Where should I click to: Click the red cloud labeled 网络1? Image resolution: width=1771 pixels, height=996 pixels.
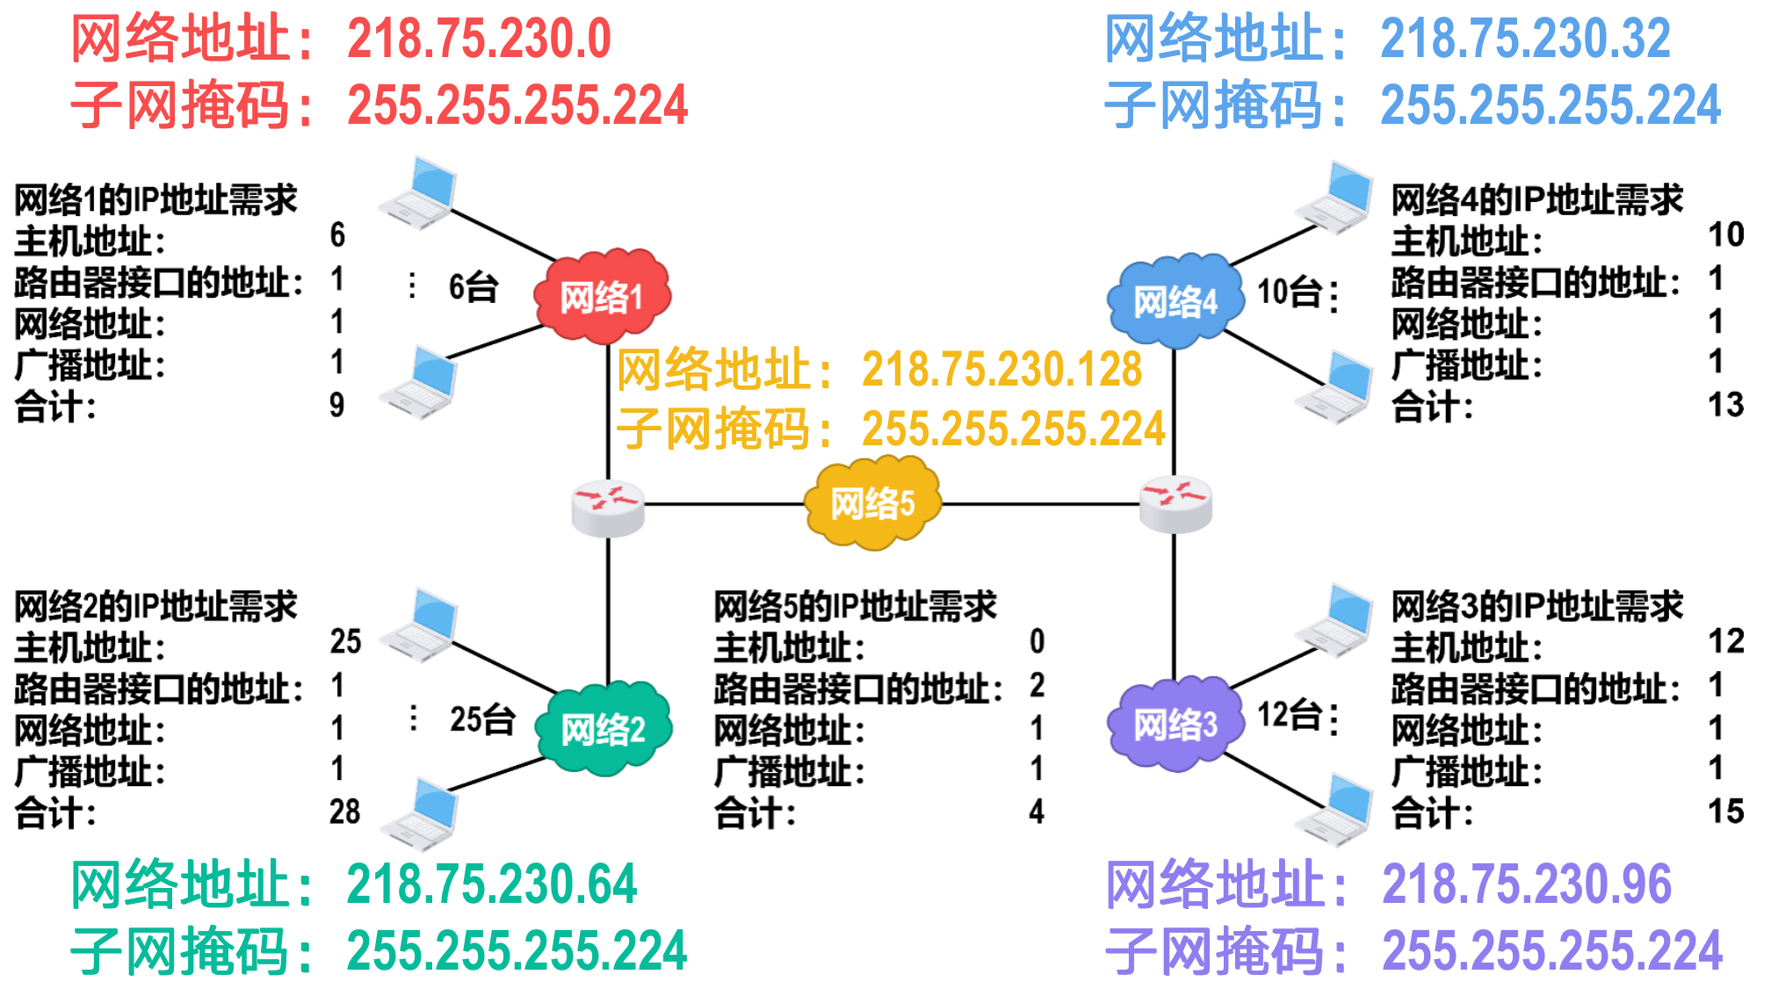602,296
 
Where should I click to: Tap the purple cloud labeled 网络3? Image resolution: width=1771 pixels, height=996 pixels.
1175,725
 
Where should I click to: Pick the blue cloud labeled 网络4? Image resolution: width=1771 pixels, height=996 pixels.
1175,301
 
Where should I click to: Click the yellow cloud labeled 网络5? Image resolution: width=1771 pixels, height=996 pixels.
872,503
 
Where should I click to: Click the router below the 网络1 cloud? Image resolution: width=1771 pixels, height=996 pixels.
608,509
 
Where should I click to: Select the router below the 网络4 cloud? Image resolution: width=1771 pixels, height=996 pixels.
1175,504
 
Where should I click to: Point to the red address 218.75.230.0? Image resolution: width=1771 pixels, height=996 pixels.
479,40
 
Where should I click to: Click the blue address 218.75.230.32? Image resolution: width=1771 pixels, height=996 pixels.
1525,40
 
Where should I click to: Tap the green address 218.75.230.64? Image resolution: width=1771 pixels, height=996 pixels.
491,884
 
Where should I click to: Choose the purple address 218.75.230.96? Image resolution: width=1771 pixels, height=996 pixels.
1527,884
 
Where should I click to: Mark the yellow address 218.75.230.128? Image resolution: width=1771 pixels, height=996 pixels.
1001,369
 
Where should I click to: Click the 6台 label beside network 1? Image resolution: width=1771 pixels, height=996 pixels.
473,286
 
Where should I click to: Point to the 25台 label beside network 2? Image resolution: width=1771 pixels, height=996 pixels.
482,718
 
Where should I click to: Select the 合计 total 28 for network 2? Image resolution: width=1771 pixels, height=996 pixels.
345,812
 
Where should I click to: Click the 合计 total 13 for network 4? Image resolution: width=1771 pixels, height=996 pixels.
1725,405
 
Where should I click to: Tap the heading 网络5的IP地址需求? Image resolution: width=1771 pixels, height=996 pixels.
855,606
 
